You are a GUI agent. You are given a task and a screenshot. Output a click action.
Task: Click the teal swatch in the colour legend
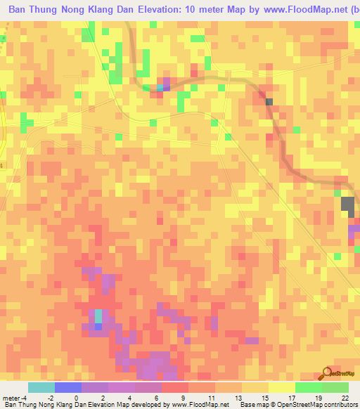coord(41,387)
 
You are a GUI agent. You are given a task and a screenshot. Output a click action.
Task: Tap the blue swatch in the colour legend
coord(68,387)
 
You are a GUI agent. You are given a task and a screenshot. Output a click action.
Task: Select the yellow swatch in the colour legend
coord(281,387)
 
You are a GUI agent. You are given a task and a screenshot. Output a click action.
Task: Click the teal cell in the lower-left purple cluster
coord(98,316)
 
